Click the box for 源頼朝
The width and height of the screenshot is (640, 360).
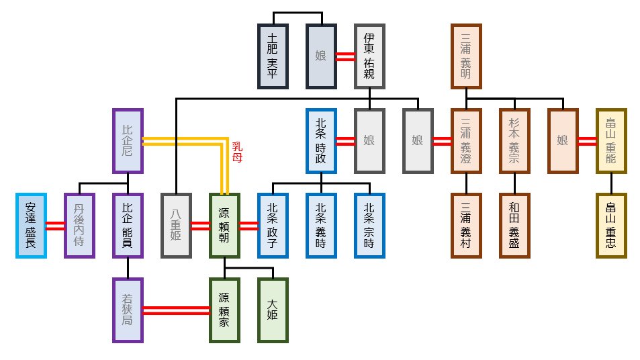[x=225, y=226]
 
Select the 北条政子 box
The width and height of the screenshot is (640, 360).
[x=273, y=226]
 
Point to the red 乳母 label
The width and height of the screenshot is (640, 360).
[x=237, y=152]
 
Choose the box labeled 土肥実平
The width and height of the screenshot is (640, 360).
[x=273, y=56]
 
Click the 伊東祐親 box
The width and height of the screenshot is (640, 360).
[x=369, y=56]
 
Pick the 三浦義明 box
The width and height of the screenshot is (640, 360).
[x=466, y=56]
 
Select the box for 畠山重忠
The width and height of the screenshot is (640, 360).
[x=611, y=226]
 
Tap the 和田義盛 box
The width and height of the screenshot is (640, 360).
[x=514, y=226]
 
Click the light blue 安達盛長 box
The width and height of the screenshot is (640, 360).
[x=31, y=226]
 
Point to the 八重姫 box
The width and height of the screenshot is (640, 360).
[x=177, y=226]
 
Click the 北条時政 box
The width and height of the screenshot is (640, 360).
[x=321, y=141]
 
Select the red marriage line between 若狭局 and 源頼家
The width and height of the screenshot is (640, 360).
[x=176, y=310]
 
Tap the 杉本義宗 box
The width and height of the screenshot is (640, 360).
[x=514, y=141]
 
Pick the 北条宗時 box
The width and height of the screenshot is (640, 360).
[x=369, y=226]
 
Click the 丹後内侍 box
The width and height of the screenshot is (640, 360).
[x=79, y=226]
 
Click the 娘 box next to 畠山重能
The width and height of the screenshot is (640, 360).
[x=563, y=141]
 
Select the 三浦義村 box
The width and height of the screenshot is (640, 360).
[x=466, y=226]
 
